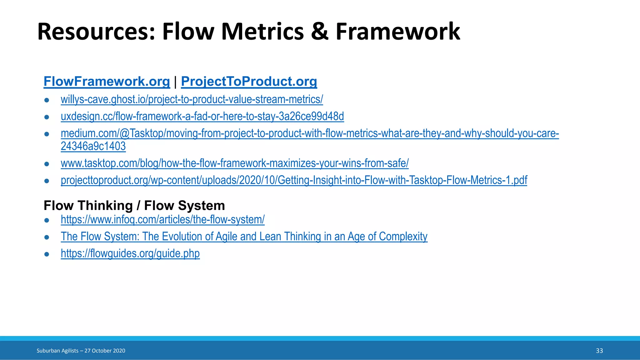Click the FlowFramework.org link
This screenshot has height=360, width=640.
click(107, 82)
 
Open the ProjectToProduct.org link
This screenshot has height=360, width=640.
click(249, 82)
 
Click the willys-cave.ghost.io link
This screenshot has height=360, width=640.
click(192, 99)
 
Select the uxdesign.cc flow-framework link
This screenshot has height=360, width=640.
click(202, 116)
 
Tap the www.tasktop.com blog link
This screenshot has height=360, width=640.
click(234, 163)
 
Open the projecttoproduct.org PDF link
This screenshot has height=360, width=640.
click(294, 180)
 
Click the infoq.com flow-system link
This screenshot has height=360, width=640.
click(162, 219)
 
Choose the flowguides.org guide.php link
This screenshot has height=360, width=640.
click(130, 253)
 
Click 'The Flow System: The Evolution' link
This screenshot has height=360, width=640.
click(244, 237)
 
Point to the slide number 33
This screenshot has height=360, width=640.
click(599, 351)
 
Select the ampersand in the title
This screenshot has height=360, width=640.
click(319, 32)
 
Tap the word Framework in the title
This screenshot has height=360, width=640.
click(397, 32)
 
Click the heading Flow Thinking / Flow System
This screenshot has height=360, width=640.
click(134, 206)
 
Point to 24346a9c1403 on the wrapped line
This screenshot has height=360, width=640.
click(93, 146)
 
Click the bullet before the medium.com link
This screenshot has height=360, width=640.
click(47, 134)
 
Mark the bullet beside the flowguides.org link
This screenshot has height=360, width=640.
click(47, 254)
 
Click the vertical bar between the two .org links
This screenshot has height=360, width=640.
click(175, 82)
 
